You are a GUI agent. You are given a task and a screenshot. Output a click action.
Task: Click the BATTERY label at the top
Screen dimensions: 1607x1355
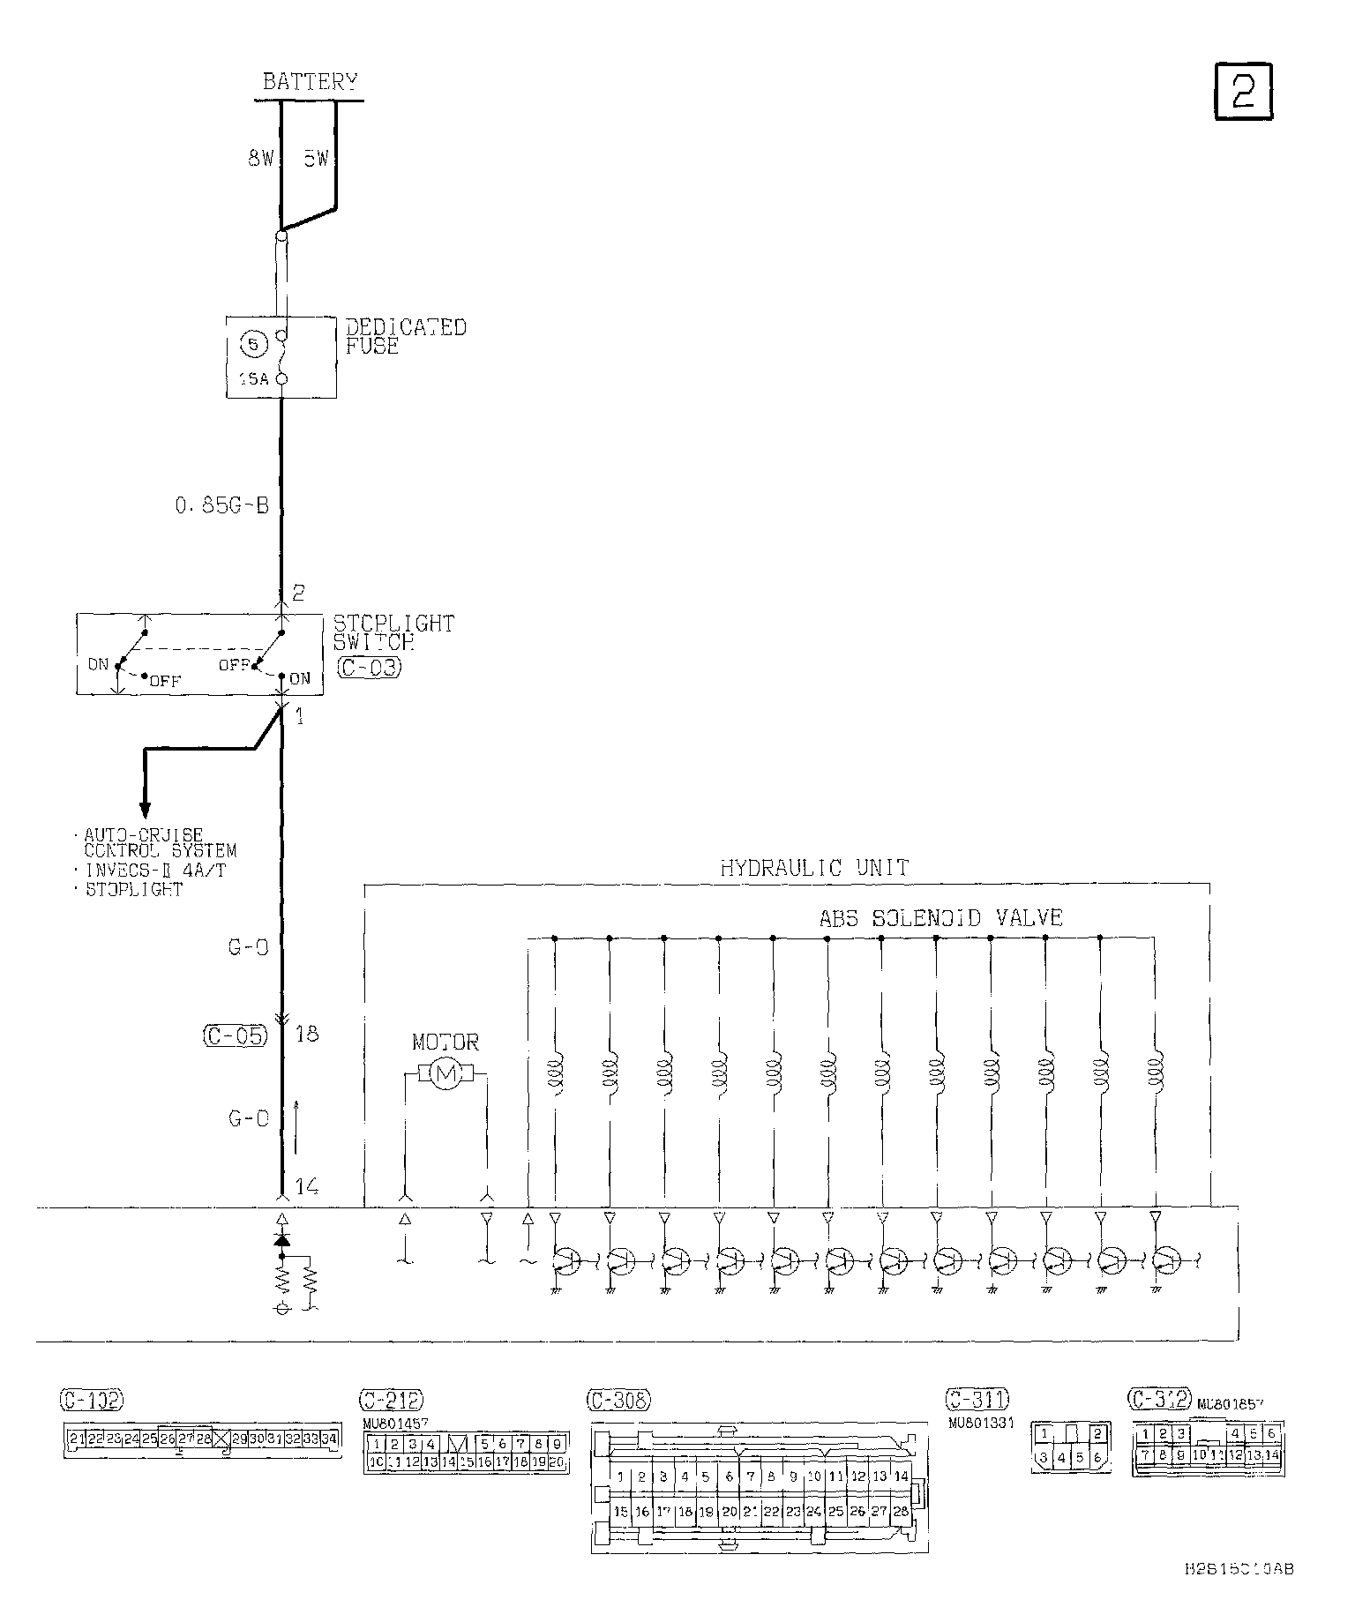(310, 83)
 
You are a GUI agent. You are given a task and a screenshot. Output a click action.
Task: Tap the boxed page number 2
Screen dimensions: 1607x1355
(1243, 91)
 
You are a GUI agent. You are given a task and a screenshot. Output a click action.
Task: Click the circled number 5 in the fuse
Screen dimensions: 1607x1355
(252, 345)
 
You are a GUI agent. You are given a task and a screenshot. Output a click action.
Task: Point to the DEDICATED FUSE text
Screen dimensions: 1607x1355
(405, 336)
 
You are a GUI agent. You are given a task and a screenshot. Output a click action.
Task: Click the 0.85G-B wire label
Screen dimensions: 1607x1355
(221, 507)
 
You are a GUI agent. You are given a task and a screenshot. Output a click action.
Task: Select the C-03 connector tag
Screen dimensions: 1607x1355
(370, 668)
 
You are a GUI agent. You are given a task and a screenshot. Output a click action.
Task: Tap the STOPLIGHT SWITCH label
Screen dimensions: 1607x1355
(393, 632)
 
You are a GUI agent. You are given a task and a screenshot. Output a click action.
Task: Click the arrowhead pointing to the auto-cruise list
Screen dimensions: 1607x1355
(145, 809)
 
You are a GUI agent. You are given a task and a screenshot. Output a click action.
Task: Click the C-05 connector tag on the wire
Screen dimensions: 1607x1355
(235, 1035)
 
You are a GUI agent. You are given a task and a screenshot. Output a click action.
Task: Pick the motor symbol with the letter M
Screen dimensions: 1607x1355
(445, 1073)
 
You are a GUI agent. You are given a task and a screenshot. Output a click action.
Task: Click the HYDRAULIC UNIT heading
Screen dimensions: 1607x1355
(813, 868)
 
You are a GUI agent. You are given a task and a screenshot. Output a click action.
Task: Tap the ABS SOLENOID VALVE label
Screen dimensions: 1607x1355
(940, 918)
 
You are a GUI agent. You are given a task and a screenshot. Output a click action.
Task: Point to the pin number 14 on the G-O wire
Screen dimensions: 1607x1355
(306, 1186)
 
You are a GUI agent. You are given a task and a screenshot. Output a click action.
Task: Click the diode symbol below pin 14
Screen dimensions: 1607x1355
(282, 1239)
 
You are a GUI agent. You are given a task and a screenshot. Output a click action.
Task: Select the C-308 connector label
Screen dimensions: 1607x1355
(618, 1399)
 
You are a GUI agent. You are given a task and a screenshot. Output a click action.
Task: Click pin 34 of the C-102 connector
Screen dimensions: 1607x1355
(329, 1439)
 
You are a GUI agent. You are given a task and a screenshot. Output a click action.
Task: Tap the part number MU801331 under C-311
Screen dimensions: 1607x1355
(981, 1423)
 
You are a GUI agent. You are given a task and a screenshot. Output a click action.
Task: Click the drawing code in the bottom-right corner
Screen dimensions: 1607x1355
(1239, 1569)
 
